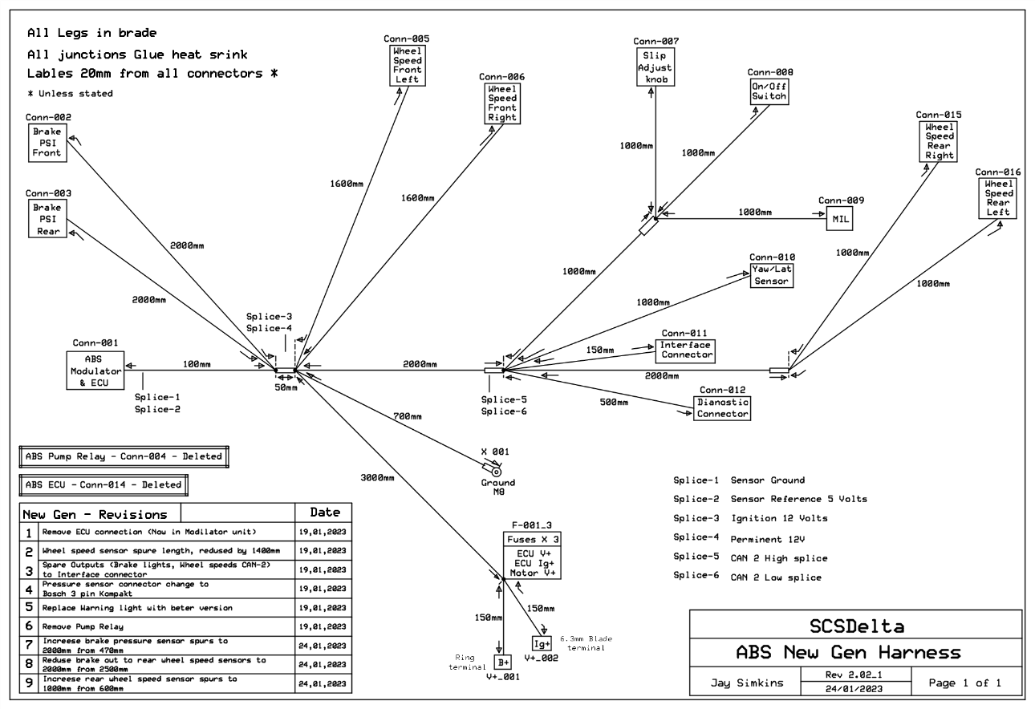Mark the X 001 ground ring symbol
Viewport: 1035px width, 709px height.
coord(496,472)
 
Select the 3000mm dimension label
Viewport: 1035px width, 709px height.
coord(377,477)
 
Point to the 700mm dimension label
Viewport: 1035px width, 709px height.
coord(407,416)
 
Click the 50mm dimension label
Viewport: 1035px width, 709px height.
coord(286,387)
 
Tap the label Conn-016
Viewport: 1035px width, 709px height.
coord(998,172)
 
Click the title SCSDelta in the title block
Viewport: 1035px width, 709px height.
coord(857,626)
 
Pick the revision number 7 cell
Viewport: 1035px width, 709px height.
coord(29,646)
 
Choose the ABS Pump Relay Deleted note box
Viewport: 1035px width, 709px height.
coord(124,457)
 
